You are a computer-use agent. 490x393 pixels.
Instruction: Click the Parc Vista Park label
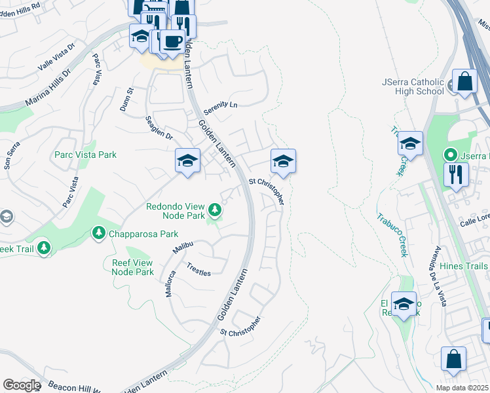click(x=85, y=155)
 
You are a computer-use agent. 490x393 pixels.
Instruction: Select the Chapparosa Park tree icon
click(x=98, y=233)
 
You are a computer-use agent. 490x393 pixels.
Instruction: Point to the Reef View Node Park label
click(x=128, y=268)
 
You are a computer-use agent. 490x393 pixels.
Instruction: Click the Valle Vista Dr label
click(x=57, y=58)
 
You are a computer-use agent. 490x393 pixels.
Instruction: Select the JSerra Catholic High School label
click(x=413, y=86)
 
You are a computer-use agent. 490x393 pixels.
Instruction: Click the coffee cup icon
click(x=172, y=41)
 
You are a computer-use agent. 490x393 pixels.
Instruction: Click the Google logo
click(x=22, y=385)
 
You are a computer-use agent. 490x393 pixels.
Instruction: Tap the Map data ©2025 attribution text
click(x=462, y=388)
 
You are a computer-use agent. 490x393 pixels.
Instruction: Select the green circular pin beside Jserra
click(x=450, y=155)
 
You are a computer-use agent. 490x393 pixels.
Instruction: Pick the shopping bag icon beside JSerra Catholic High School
click(x=464, y=82)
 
